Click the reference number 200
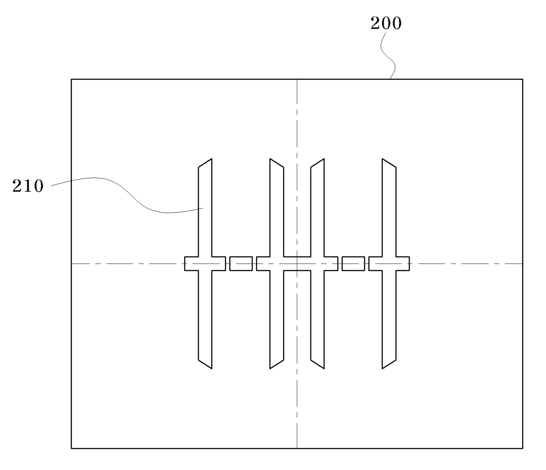click(386, 23)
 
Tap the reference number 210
click(28, 186)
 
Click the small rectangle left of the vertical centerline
click(241, 264)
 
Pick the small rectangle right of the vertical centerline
click(353, 264)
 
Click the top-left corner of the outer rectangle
click(71, 80)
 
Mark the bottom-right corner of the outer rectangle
click(523, 448)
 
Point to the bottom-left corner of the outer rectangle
click(71, 448)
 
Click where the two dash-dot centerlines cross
click(297, 264)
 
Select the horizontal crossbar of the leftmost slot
click(192, 264)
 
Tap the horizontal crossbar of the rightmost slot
click(402, 264)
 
